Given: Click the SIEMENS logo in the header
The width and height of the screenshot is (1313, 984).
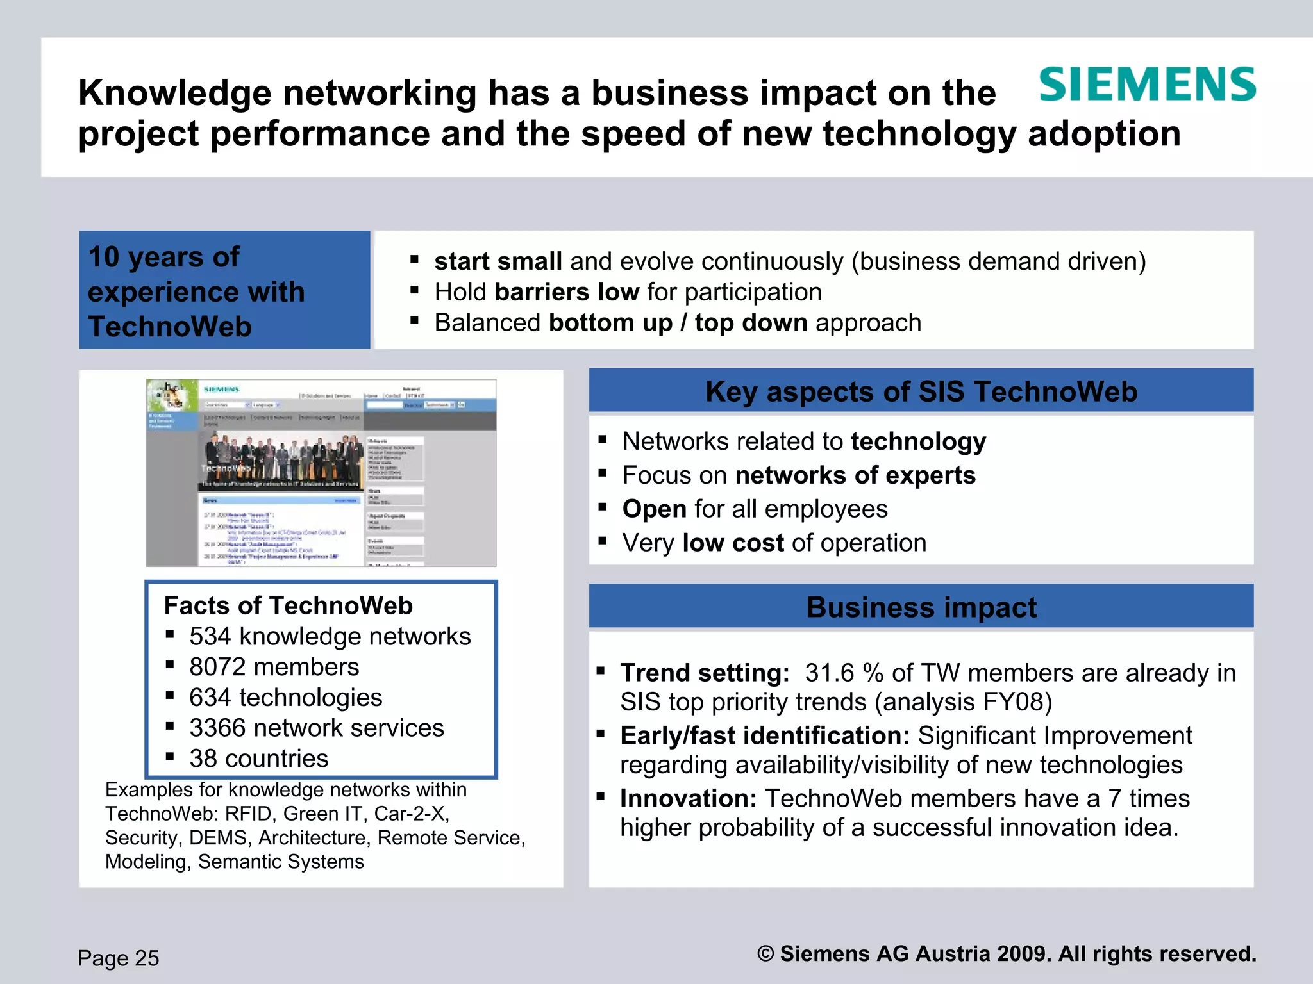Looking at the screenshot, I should click(x=1147, y=85).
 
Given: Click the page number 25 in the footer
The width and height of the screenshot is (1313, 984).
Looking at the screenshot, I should click(x=147, y=958).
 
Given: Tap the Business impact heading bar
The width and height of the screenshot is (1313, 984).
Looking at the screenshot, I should click(x=921, y=607).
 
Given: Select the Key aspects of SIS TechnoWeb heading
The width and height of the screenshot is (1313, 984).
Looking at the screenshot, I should click(x=921, y=391).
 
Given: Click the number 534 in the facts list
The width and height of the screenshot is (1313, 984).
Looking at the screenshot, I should click(x=210, y=636).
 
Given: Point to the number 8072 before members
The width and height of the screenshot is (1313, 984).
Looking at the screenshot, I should click(x=217, y=667).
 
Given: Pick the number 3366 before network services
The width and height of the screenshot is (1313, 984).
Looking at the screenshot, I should click(x=217, y=728).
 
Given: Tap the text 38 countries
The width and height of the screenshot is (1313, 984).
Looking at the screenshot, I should click(x=258, y=758).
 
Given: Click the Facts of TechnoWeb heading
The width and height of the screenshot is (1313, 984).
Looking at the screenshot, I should click(x=289, y=605).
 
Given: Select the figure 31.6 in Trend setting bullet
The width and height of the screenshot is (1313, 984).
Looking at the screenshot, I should click(x=830, y=673).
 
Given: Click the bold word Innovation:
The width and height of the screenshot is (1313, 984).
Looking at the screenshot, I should click(x=689, y=798).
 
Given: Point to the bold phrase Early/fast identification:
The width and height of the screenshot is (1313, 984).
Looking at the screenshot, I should click(x=765, y=735).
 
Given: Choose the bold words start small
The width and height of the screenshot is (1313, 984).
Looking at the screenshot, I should click(x=498, y=261).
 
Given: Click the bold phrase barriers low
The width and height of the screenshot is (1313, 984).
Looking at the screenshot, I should click(x=567, y=292).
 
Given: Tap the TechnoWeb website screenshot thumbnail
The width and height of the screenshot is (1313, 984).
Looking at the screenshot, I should click(x=321, y=473).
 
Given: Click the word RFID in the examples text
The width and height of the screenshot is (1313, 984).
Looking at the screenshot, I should click(x=249, y=814).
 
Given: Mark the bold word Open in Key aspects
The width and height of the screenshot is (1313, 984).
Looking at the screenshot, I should click(x=655, y=509).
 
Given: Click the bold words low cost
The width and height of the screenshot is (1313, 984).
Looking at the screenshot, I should click(x=733, y=543).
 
